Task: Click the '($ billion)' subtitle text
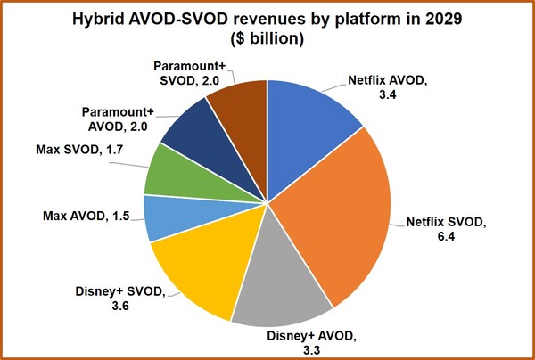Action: tap(267, 40)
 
